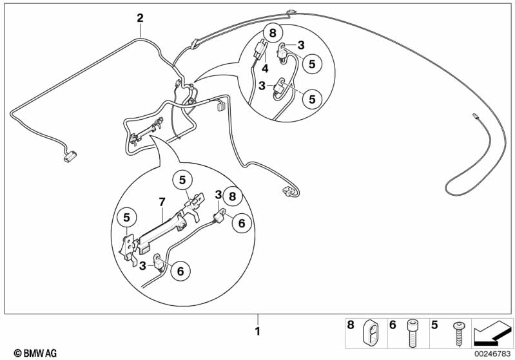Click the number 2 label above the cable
(x=140, y=18)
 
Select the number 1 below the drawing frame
(x=257, y=332)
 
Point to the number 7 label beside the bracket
(x=163, y=203)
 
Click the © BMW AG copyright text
(x=31, y=352)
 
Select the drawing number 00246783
(x=492, y=352)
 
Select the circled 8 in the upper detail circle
(x=272, y=33)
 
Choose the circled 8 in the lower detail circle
(x=233, y=194)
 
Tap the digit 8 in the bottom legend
(x=351, y=326)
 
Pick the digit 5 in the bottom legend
(x=436, y=326)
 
